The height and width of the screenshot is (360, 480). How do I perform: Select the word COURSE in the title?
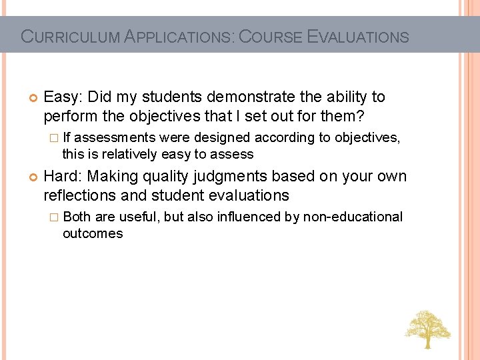pos(272,37)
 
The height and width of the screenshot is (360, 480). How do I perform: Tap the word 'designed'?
pos(223,137)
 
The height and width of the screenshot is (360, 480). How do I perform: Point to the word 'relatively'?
pos(127,154)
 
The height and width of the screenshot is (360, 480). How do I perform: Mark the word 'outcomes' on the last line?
pos(93,233)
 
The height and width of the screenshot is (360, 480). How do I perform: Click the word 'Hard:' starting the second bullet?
pos(63,177)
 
